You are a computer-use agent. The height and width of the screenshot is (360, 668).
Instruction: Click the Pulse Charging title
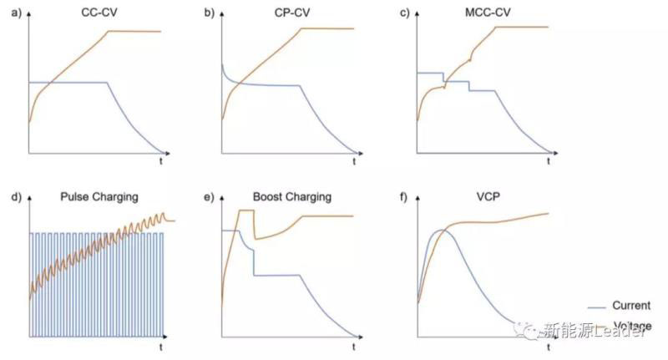[x=99, y=197]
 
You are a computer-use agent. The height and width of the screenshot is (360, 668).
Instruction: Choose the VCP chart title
[x=483, y=197]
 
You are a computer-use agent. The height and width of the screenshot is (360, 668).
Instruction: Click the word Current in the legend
[x=630, y=306]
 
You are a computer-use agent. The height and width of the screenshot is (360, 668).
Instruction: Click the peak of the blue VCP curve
[x=443, y=229]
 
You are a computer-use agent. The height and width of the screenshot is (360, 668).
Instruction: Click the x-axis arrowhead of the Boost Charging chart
[x=363, y=337]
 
